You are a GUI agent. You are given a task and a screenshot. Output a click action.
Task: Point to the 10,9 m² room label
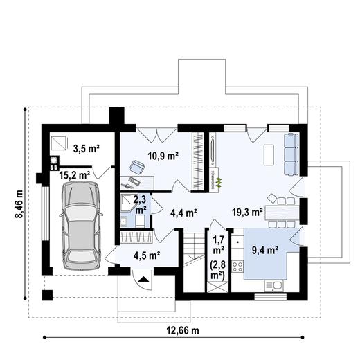point(164,156)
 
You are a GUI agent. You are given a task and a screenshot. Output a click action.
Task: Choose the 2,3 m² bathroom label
point(141,204)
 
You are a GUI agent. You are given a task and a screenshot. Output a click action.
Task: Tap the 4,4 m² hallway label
point(183,213)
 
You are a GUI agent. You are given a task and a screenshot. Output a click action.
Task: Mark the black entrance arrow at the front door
point(142,280)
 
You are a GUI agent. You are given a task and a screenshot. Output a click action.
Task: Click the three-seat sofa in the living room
point(291,154)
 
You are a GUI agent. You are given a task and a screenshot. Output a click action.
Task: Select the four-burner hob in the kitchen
point(238,262)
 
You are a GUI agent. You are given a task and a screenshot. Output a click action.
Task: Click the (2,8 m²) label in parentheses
point(218,271)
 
